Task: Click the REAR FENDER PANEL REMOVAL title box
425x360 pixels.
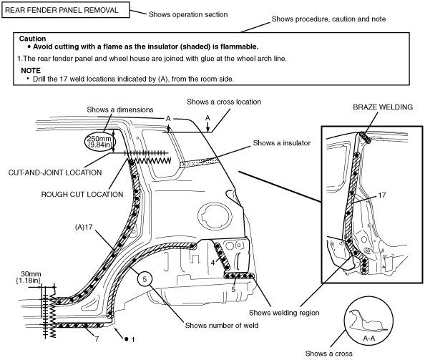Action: pos(66,10)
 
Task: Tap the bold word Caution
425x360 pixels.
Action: pos(32,39)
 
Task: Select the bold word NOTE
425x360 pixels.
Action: pos(31,70)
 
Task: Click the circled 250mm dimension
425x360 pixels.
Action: pos(99,142)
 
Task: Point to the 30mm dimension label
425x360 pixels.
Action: pos(28,277)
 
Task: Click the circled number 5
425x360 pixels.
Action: pos(145,279)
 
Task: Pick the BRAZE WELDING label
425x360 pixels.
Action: pos(383,107)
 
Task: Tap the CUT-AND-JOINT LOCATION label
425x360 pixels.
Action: pos(55,172)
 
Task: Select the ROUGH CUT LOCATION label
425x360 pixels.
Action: pos(82,195)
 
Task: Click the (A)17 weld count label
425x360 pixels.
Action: pos(84,227)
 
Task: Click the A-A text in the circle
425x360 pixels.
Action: pos(368,339)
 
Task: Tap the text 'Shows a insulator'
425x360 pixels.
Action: pos(282,143)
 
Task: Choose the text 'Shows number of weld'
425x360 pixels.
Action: pos(222,326)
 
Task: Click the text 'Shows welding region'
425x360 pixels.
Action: pos(284,313)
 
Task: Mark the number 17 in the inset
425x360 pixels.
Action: pos(382,195)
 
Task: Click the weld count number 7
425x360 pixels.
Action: pos(97,339)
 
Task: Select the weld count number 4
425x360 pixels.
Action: pos(212,263)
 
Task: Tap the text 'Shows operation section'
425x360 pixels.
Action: pos(188,14)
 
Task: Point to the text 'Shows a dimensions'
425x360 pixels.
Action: pos(120,110)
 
